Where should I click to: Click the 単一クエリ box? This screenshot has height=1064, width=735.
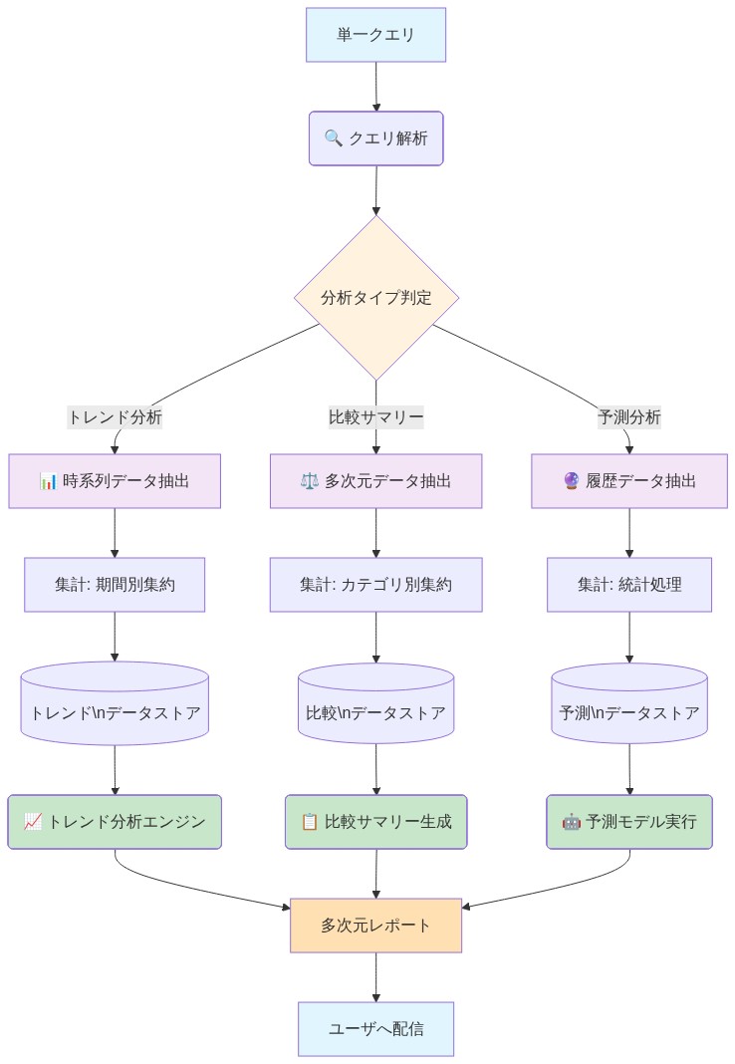[x=375, y=35]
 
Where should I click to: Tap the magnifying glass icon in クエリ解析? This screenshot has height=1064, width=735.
[x=333, y=138]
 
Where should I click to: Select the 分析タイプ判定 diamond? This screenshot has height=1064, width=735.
[x=375, y=297]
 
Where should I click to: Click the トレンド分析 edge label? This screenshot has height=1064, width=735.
[x=115, y=417]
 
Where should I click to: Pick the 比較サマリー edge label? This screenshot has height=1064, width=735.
[x=375, y=417]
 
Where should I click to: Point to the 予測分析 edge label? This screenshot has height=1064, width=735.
[x=628, y=417]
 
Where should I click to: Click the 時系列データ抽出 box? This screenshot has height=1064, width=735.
[x=115, y=481]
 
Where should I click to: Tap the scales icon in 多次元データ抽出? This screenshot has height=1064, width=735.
[x=309, y=481]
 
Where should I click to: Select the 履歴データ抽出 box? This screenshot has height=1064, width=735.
[x=628, y=481]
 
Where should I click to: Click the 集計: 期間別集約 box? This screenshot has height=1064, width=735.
[x=115, y=584]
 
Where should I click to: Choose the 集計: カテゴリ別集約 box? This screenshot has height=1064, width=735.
[x=375, y=584]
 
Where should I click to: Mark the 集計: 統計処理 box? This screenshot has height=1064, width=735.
[x=628, y=584]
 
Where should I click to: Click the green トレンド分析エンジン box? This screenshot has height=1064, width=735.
[x=115, y=822]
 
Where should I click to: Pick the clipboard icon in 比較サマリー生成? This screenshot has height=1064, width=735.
[x=310, y=822]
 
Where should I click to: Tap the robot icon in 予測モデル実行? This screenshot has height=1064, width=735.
[x=572, y=822]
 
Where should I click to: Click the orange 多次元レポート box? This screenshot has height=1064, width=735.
[x=375, y=926]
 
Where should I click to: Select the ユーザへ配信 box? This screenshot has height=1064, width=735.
[x=375, y=1028]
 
